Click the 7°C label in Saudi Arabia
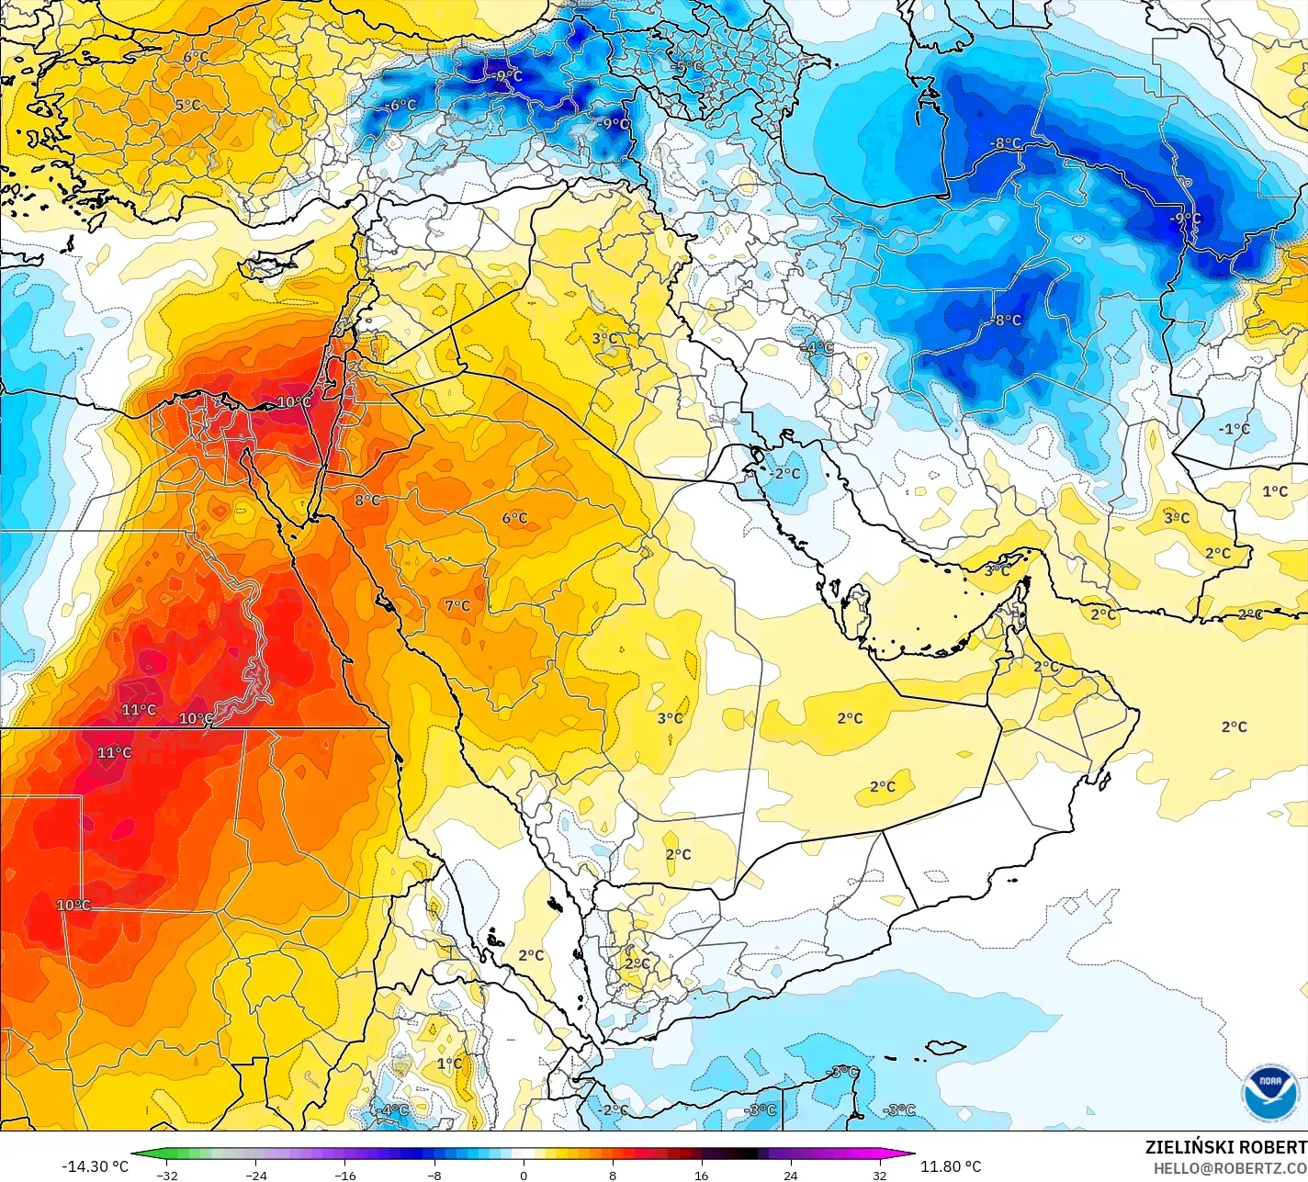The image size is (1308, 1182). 457,606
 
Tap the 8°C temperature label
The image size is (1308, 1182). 367,501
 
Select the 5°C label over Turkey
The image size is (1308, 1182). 187,106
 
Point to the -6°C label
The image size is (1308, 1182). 400,106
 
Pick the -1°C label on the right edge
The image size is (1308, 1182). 1234,429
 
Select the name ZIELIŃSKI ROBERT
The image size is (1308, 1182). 1225,1147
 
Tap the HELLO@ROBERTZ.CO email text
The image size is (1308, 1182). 1230,1167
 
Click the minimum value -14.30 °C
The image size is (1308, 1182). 95,1166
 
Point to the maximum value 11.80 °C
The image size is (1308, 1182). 951,1166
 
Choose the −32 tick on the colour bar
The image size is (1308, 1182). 166,1176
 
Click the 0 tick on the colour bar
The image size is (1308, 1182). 524,1176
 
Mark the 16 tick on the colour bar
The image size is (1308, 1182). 701,1176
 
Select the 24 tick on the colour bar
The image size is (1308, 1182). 790,1176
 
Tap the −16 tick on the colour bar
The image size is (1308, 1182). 344,1176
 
